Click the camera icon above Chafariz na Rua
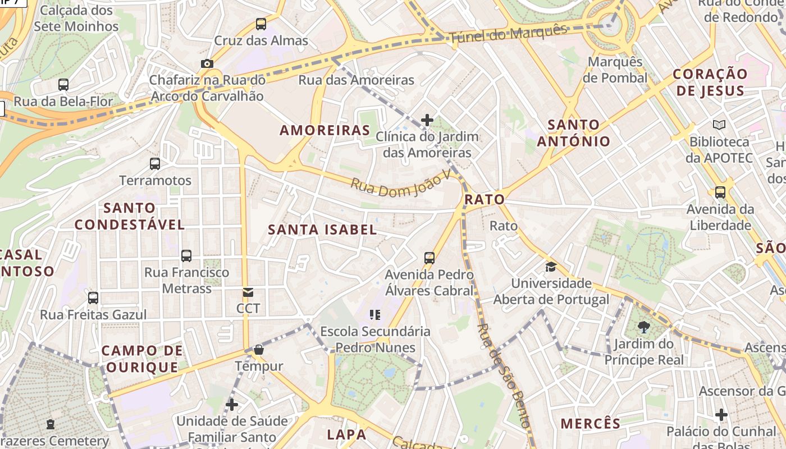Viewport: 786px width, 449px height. coord(207,63)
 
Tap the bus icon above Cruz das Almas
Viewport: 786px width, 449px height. coord(261,24)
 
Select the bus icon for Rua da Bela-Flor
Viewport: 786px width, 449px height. coord(63,85)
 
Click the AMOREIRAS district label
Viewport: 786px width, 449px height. coord(325,130)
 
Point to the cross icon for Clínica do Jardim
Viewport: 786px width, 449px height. coord(427,120)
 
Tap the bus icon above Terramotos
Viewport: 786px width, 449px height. coord(155,164)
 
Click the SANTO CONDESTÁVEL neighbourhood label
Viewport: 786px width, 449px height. coord(130,216)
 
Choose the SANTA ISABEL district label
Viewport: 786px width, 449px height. coord(322,229)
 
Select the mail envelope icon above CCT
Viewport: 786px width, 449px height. coord(248,292)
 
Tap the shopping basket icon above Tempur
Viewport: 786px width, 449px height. coord(259,350)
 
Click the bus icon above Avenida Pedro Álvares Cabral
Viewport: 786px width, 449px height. coord(429,258)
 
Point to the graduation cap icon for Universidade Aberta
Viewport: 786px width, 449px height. coord(551,267)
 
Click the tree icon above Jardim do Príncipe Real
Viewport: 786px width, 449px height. coord(644,327)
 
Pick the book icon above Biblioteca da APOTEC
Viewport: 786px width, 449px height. coord(719,125)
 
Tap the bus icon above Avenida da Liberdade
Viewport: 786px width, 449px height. coord(720,193)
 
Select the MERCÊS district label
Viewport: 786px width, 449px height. coord(591,423)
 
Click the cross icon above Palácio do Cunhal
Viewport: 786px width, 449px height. coord(721,415)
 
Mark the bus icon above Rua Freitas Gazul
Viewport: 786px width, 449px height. coord(93,297)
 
